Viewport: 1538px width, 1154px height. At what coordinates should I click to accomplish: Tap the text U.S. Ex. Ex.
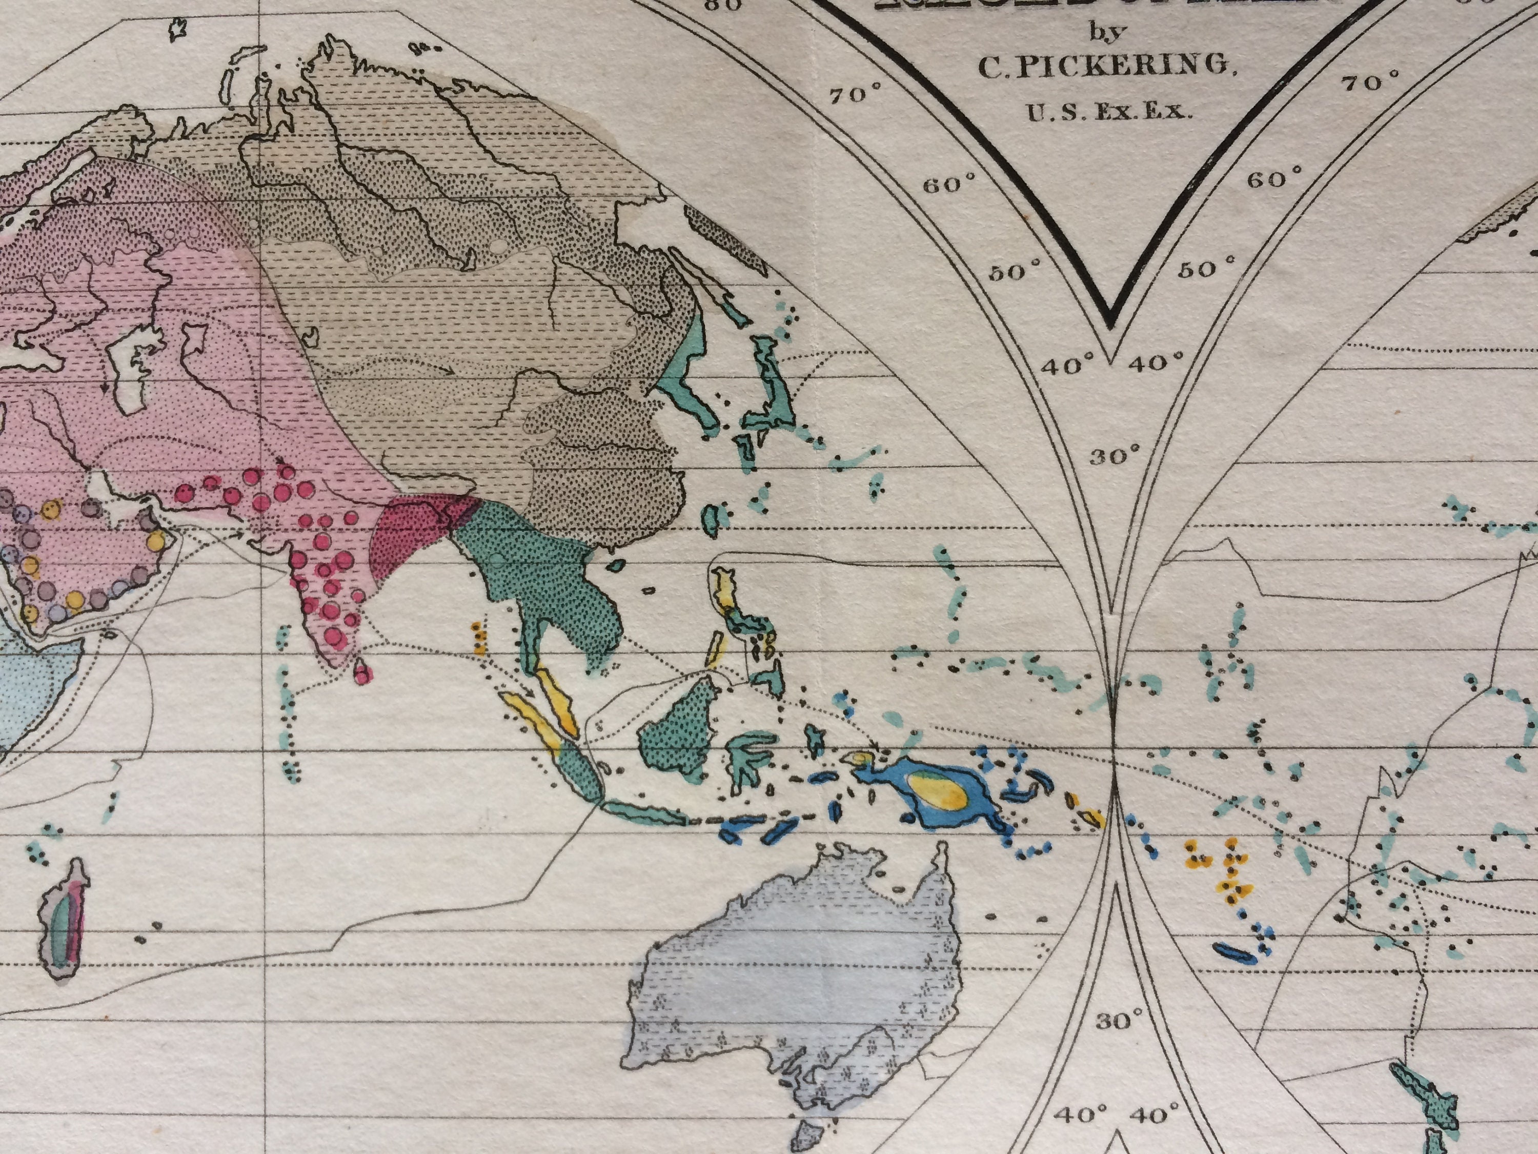(1110, 111)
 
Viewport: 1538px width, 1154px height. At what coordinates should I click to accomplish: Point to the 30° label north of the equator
(1115, 456)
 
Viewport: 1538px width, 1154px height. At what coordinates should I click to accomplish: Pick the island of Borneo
(681, 730)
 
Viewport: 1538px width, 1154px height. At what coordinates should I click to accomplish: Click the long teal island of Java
(643, 812)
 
